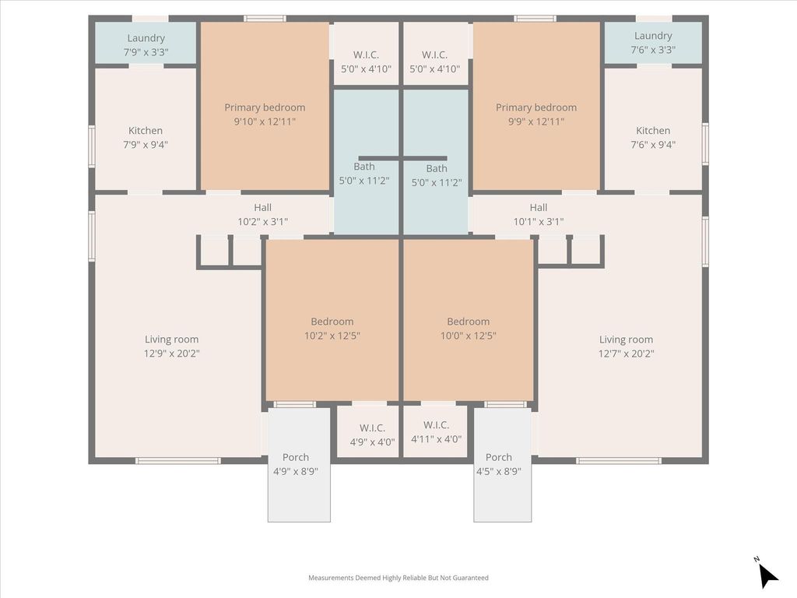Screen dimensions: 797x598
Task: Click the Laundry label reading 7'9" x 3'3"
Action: [x=146, y=44]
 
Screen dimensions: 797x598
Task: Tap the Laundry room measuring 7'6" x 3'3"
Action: [x=653, y=43]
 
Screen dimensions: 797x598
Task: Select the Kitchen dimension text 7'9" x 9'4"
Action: [x=146, y=144]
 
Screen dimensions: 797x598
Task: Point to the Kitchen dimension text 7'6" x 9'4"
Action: [x=653, y=144]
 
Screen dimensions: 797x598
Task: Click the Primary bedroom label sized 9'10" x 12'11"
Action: [x=265, y=114]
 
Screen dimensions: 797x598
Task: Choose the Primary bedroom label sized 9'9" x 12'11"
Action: [x=536, y=114]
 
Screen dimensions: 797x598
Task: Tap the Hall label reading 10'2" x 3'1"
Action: [x=263, y=215]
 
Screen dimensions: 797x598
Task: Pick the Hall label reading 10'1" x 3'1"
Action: [x=539, y=215]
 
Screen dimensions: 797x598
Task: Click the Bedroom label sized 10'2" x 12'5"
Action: [x=332, y=329]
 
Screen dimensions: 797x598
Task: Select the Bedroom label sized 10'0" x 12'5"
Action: [x=468, y=329]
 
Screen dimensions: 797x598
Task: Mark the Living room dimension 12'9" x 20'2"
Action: [x=172, y=354]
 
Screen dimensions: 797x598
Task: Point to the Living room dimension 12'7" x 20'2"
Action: [x=627, y=354]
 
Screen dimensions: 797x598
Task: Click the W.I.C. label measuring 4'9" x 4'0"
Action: [x=372, y=435]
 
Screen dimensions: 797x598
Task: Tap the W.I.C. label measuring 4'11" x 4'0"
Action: [x=436, y=432]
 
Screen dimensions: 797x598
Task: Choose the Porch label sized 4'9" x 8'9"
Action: [x=295, y=464]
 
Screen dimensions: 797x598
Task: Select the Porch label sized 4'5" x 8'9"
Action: [x=499, y=464]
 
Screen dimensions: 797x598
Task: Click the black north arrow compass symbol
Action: [x=767, y=574]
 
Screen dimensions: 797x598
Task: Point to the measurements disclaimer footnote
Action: [x=398, y=578]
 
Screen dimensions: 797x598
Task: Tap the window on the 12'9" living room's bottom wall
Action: [x=178, y=461]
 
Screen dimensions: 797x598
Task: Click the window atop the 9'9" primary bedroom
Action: [x=535, y=19]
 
